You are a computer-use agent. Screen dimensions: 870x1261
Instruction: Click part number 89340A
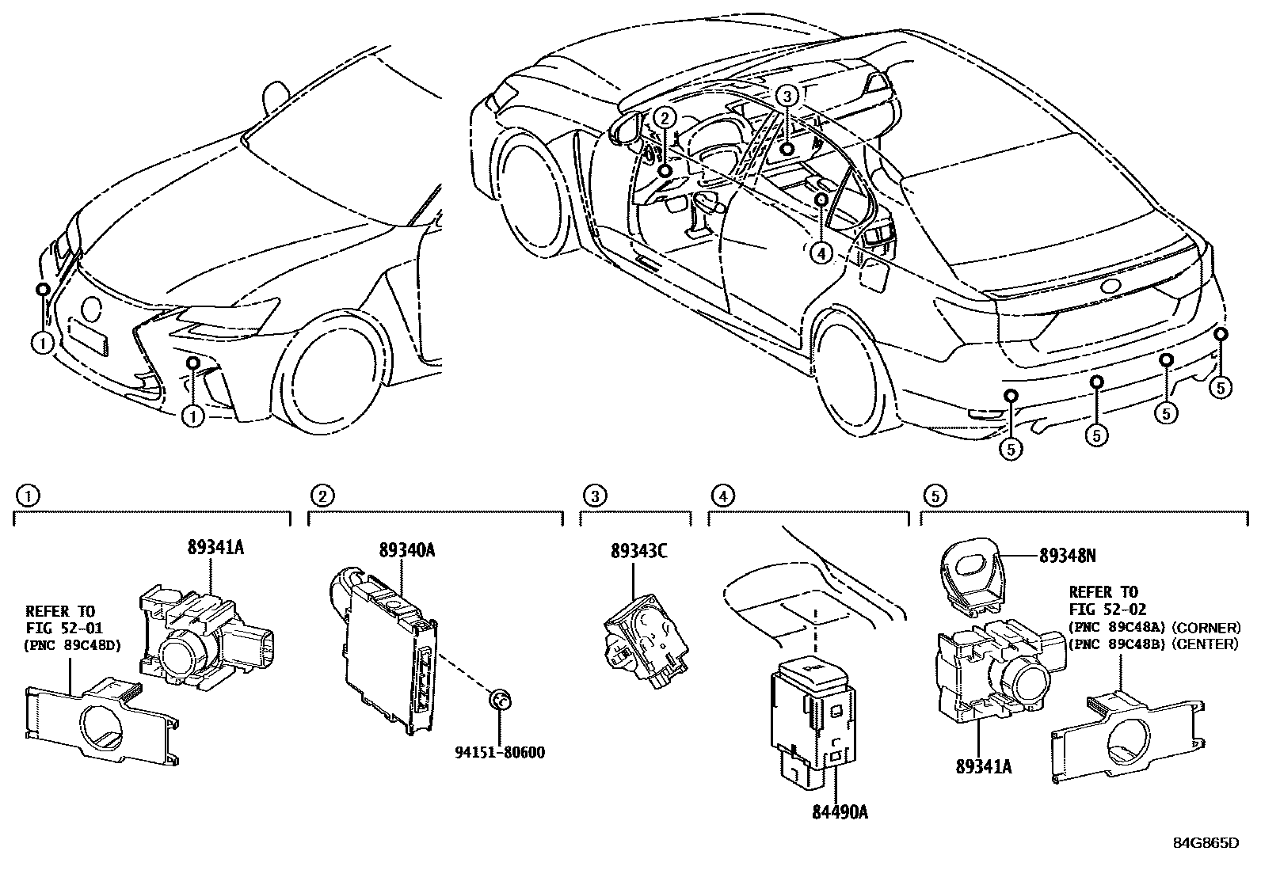(407, 549)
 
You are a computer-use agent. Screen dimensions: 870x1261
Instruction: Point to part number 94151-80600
(500, 751)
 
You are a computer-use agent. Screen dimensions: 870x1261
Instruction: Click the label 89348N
(1067, 556)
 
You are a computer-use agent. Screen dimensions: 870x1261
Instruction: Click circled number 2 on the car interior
(665, 119)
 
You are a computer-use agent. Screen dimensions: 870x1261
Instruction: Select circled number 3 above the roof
(786, 97)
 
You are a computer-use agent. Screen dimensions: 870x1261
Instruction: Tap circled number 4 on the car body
(821, 253)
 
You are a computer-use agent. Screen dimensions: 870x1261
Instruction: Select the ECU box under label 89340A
(384, 649)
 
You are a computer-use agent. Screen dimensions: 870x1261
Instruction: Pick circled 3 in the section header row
(594, 496)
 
